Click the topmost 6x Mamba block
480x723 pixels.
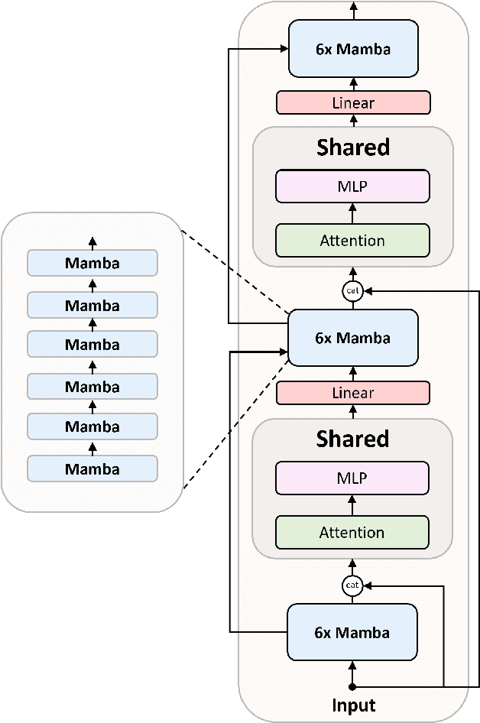pyautogui.click(x=353, y=49)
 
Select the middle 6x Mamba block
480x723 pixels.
pyautogui.click(x=352, y=338)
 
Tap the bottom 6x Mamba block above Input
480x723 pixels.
pyautogui.click(x=352, y=632)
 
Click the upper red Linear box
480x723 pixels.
pyautogui.click(x=353, y=102)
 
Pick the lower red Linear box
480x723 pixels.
pyautogui.click(x=352, y=393)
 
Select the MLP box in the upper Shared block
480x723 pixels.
pyautogui.click(x=352, y=186)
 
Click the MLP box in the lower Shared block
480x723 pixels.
pyautogui.click(x=352, y=478)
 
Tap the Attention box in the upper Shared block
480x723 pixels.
pyautogui.click(x=352, y=240)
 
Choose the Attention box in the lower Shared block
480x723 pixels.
pyautogui.click(x=352, y=532)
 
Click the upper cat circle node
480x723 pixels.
pyautogui.click(x=352, y=291)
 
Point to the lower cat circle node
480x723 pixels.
pyautogui.click(x=352, y=585)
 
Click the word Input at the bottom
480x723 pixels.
pyautogui.click(x=352, y=705)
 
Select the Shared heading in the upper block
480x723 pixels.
pyautogui.click(x=352, y=147)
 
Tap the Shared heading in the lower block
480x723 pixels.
pyautogui.click(x=352, y=439)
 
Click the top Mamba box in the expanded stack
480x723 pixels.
pyautogui.click(x=92, y=264)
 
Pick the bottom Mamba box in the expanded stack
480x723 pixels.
pyautogui.click(x=92, y=468)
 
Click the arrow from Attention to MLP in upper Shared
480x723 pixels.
pyautogui.click(x=352, y=213)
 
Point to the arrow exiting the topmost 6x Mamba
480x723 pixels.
pyautogui.click(x=353, y=10)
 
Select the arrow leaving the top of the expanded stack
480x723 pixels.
pyautogui.click(x=92, y=242)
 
